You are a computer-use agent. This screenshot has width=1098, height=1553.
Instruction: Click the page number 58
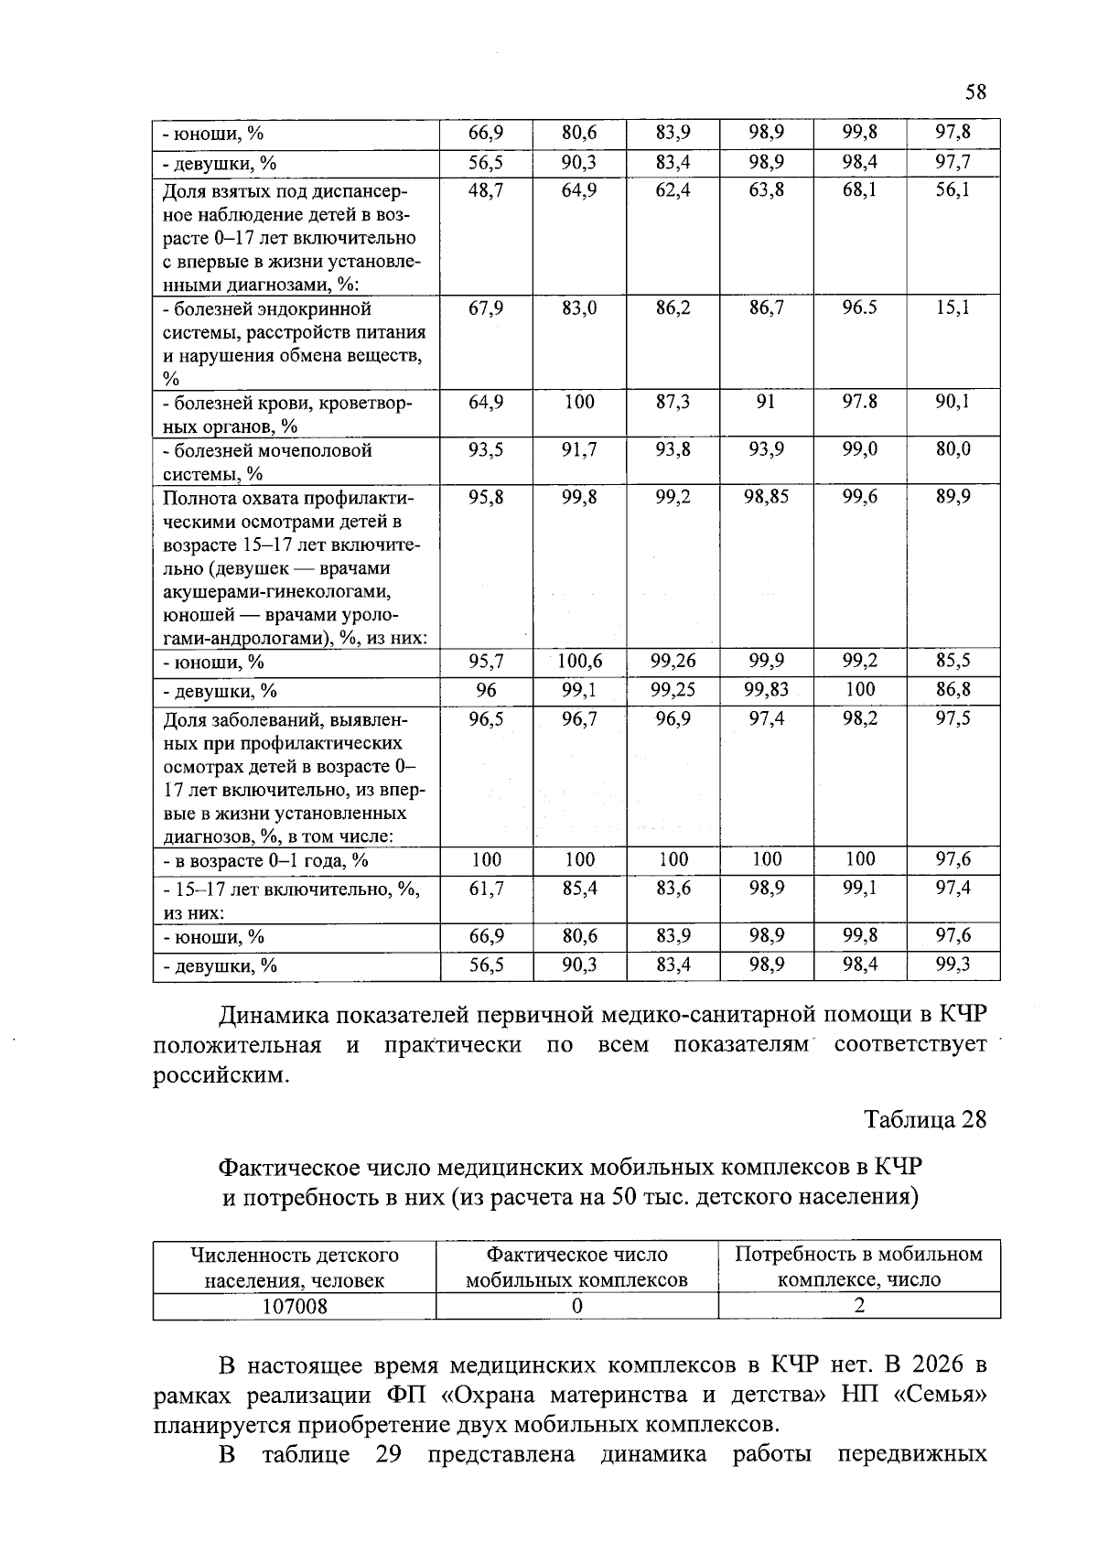975,92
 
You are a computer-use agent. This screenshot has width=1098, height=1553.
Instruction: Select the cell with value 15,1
953,308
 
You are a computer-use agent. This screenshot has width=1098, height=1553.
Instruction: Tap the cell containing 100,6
579,662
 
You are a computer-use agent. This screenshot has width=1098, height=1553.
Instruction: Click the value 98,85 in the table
766,497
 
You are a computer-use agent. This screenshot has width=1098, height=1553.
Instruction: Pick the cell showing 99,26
673,662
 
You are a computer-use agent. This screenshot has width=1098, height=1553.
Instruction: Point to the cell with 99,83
766,690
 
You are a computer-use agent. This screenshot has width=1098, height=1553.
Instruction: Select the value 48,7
486,190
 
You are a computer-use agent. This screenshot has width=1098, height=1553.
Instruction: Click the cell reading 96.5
859,308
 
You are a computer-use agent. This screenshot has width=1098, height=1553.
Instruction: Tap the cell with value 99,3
953,965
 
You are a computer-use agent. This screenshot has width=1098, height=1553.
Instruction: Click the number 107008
294,1306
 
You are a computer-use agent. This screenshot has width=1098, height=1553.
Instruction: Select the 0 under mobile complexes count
576,1306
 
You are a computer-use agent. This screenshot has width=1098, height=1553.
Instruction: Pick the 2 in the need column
858,1306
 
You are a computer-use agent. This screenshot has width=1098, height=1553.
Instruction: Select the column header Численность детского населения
294,1267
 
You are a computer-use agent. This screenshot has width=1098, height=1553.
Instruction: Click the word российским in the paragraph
220,1075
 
